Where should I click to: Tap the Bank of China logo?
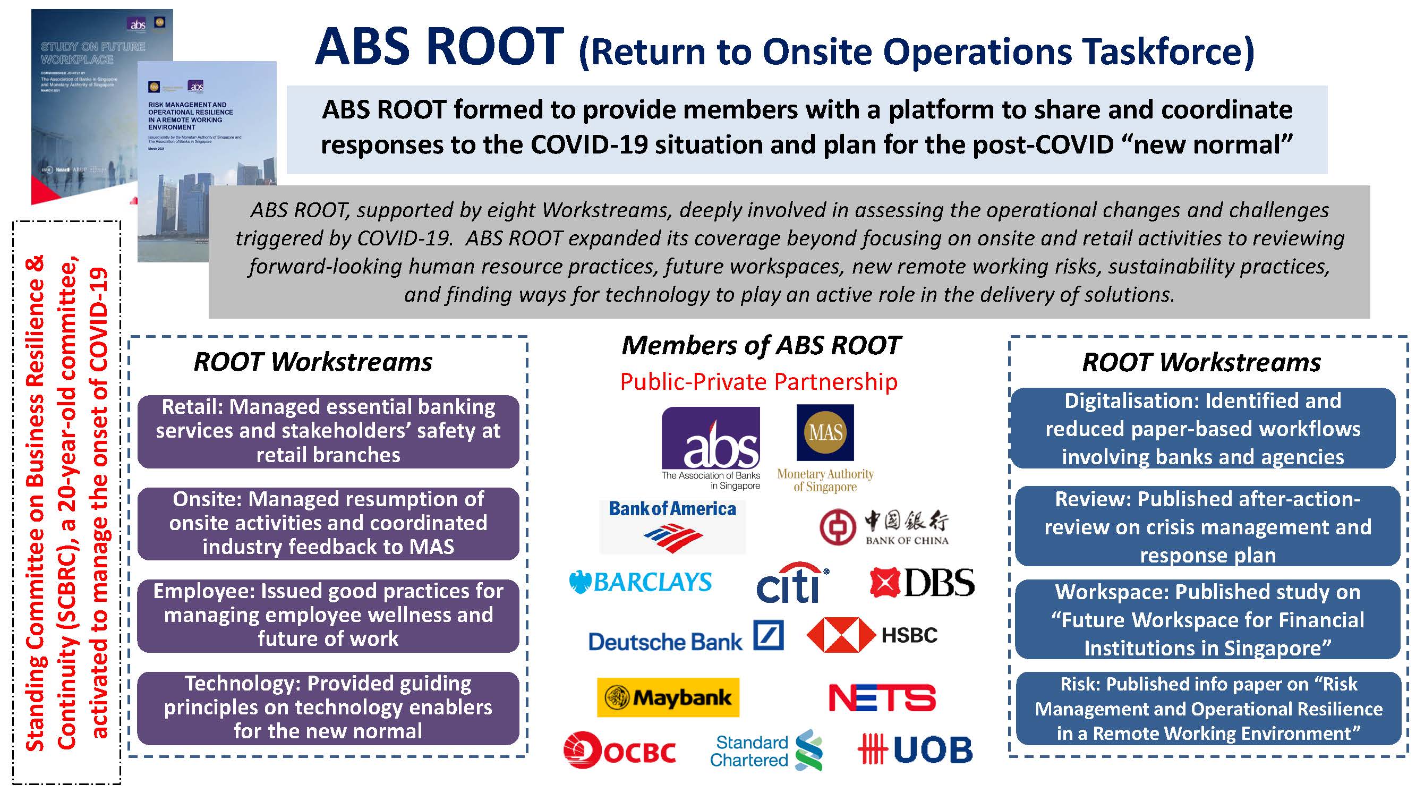(x=884, y=527)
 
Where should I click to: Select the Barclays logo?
(x=641, y=582)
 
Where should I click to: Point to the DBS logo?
(x=922, y=583)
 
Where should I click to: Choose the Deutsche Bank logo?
(x=686, y=638)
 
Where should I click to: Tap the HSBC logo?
(x=872, y=635)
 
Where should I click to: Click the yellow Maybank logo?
(x=668, y=697)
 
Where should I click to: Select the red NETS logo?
(x=882, y=697)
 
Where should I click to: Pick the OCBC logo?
(x=619, y=750)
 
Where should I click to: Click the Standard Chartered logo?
(x=766, y=750)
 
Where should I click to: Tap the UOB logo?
(x=915, y=749)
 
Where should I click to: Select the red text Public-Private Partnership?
(x=758, y=381)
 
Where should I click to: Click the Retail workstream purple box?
(x=328, y=431)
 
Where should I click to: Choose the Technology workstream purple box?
(x=328, y=708)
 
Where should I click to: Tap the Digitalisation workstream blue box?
(x=1202, y=429)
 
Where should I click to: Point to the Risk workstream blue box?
(x=1208, y=709)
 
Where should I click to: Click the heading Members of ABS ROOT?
(x=761, y=346)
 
